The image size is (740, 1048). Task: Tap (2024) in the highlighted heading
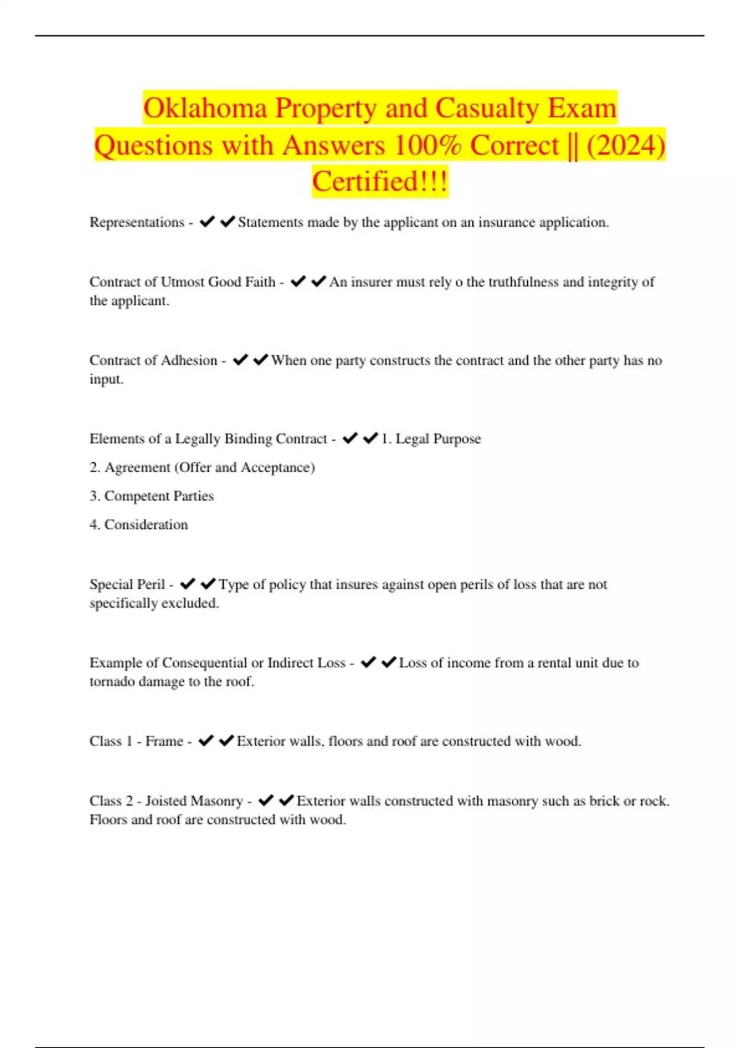click(x=626, y=145)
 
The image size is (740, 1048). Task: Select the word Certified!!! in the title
click(x=380, y=182)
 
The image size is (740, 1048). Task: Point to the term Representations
click(x=137, y=223)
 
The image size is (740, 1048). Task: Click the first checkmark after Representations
click(x=207, y=222)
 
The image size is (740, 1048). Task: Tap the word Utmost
click(x=183, y=282)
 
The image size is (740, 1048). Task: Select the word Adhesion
click(x=189, y=361)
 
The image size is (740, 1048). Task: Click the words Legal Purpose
click(x=438, y=439)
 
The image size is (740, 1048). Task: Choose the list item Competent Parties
click(x=158, y=496)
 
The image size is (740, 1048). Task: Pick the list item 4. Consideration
click(x=139, y=525)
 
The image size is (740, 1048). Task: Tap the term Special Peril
click(x=127, y=584)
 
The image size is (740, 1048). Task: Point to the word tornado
click(x=112, y=682)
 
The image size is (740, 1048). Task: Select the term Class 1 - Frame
click(x=136, y=741)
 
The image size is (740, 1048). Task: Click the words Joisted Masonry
click(x=194, y=801)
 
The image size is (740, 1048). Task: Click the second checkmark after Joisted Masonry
click(x=286, y=801)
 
